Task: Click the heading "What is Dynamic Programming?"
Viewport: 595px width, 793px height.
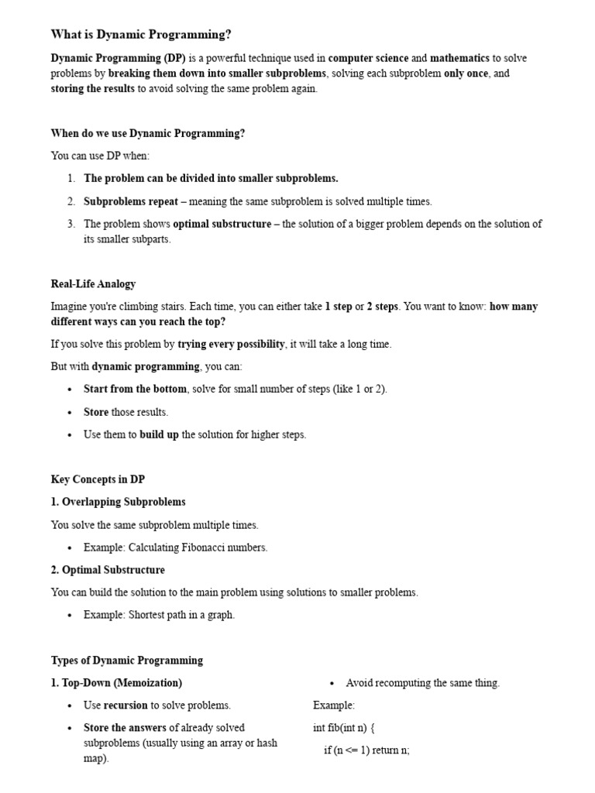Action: (x=141, y=34)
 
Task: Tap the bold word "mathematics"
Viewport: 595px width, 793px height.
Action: (x=459, y=58)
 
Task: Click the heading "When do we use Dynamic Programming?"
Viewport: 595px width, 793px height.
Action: (x=148, y=133)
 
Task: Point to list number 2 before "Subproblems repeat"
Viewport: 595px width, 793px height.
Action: (x=71, y=201)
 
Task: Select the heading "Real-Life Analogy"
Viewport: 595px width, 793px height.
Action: (x=93, y=283)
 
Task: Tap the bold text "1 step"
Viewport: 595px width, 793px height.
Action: (x=338, y=307)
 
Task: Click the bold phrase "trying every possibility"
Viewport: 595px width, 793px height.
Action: (x=231, y=344)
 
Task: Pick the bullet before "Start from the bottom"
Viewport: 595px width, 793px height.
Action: (x=70, y=390)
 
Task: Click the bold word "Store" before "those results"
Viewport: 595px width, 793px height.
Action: (x=96, y=412)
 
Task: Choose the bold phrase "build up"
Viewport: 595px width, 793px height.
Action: (x=159, y=434)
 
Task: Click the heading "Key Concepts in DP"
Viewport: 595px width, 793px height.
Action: (x=98, y=479)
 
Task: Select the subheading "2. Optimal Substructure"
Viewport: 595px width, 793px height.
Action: (x=108, y=570)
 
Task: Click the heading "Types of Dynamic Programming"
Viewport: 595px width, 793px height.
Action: (x=127, y=661)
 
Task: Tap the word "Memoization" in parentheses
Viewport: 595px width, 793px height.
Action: (x=148, y=683)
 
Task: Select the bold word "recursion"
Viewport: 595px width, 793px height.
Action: (x=126, y=705)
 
